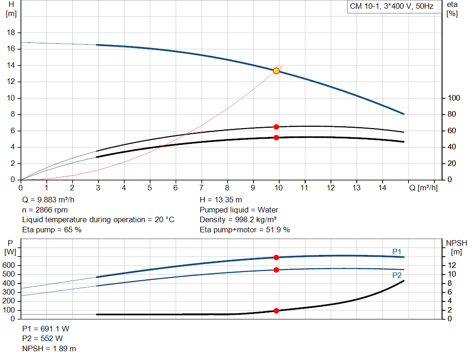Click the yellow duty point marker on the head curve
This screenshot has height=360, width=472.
click(x=276, y=71)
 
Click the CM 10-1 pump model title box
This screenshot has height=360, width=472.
click(x=391, y=7)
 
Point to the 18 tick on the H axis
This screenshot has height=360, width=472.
click(x=12, y=33)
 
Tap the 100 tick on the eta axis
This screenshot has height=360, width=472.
click(x=454, y=98)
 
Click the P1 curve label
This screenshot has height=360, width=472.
click(x=397, y=251)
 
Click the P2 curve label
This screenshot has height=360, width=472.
click(x=397, y=275)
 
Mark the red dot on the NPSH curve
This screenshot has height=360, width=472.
click(x=277, y=311)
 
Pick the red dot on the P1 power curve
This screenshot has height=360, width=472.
click(x=277, y=257)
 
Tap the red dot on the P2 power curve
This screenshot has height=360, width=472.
click(x=277, y=270)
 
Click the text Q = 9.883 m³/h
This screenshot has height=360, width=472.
click(x=49, y=200)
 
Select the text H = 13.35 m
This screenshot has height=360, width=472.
click(x=221, y=200)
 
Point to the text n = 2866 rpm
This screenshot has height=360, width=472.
click(x=45, y=210)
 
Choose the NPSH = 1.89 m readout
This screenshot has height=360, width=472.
click(x=49, y=348)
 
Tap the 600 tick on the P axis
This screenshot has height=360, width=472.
click(x=10, y=266)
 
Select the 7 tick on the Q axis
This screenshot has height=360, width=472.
click(x=201, y=188)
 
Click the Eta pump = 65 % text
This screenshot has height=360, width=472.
click(x=52, y=230)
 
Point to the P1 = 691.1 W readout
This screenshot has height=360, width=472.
click(x=46, y=329)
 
